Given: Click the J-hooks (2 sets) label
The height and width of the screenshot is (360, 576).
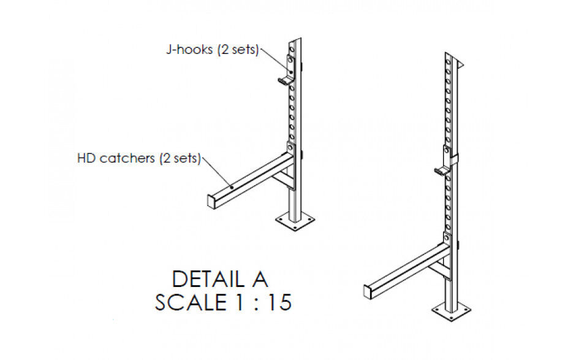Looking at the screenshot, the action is (x=213, y=49).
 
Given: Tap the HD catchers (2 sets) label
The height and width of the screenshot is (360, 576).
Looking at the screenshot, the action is (x=139, y=158).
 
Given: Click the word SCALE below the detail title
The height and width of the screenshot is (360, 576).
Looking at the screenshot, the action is (x=191, y=302).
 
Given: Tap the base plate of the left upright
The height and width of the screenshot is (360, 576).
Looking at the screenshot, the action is (x=295, y=221).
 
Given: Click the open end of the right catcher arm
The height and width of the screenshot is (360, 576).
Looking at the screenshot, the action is (x=368, y=291).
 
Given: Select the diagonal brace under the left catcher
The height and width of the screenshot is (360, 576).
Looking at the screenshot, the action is (x=284, y=181).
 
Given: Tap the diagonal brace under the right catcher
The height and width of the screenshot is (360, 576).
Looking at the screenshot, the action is (x=439, y=271).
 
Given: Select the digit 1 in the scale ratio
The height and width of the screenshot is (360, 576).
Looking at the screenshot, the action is (x=239, y=302).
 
